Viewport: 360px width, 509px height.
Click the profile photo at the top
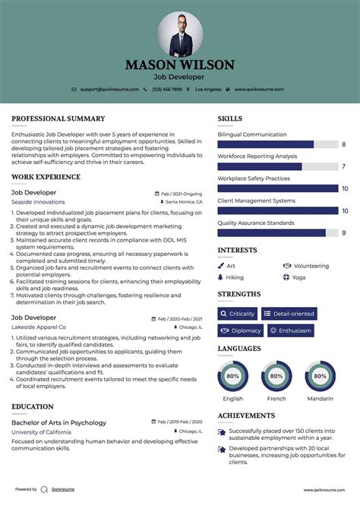[x=180, y=33]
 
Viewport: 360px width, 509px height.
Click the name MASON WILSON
[x=180, y=65]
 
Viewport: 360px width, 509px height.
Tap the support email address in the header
[x=109, y=89]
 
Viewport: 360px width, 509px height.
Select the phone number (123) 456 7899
[x=166, y=89]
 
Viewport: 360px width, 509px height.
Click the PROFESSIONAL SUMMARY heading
[x=58, y=119]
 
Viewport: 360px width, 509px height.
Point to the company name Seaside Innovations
[x=38, y=202]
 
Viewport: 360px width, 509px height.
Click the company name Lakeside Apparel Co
[x=39, y=327]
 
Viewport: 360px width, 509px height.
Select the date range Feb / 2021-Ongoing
[x=182, y=193]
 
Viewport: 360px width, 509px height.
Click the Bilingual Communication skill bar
[x=278, y=144]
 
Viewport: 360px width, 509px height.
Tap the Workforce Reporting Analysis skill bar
[x=278, y=166]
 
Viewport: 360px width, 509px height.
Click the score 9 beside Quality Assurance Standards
[x=344, y=233]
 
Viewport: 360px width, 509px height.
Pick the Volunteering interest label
[x=311, y=266]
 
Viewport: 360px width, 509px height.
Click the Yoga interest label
[x=298, y=277]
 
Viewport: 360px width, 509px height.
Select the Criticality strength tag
[x=237, y=314]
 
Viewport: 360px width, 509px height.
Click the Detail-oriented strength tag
[x=289, y=314]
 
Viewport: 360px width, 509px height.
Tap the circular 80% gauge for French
[x=276, y=376]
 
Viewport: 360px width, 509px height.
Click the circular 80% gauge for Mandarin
[x=320, y=376]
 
